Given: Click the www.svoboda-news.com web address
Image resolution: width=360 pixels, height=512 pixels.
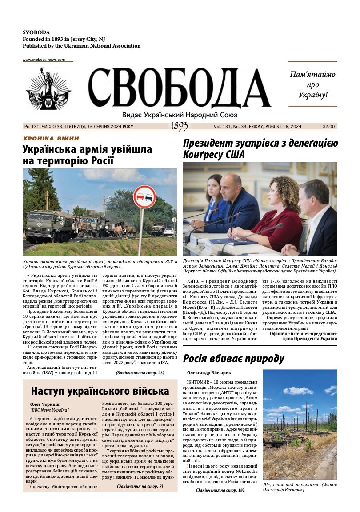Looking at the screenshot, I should tap(44, 60).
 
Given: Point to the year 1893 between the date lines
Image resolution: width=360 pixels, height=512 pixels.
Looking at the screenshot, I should tap(180, 127).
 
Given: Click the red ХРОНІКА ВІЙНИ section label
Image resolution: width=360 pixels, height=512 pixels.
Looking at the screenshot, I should tap(51, 139).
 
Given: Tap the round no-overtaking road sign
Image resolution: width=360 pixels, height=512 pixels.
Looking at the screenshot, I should tap(144, 197).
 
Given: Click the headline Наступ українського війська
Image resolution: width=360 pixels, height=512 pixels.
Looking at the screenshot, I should tap(100, 391).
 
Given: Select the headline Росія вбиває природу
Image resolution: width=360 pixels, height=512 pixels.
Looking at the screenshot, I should tap(233, 359).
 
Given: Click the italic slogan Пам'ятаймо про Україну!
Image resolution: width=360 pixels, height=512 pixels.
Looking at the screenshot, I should tap(312, 84).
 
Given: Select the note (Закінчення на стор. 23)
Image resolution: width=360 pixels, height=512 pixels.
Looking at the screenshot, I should tap(140, 372).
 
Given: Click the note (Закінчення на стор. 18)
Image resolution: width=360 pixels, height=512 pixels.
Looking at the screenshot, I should tap(220, 490).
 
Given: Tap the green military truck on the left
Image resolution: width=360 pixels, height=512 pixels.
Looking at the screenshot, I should tap(48, 226).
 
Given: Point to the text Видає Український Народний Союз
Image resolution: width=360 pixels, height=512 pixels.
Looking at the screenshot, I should tap(180, 115).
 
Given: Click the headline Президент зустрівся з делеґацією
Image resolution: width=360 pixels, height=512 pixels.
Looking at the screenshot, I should tap(260, 143).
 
